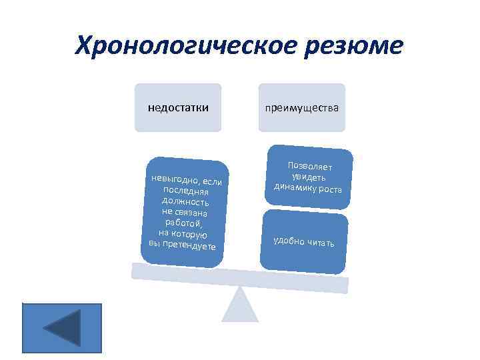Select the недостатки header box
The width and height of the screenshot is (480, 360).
pos(178,107)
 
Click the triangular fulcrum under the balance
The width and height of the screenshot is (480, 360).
pos(240,307)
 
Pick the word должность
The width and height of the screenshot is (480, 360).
pos(186,201)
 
